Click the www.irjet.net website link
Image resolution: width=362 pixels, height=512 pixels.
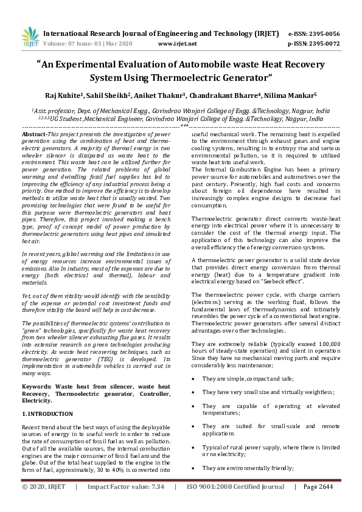click(x=177, y=44)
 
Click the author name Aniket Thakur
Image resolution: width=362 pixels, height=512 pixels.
click(x=166, y=95)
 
